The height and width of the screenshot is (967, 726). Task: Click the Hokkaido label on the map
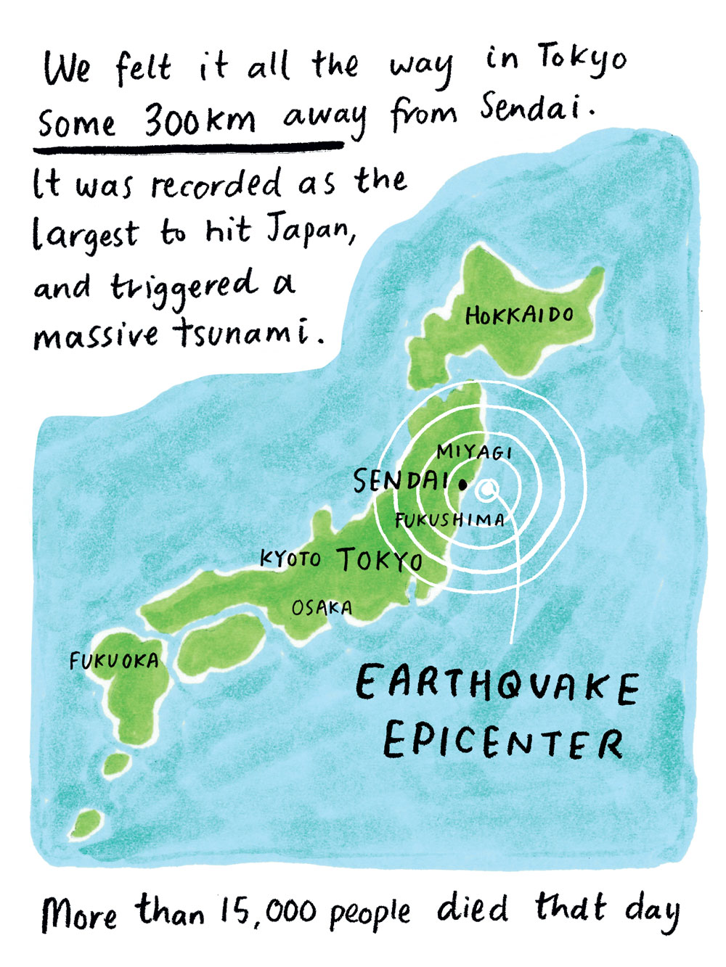pyautogui.click(x=519, y=316)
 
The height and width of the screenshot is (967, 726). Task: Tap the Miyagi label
pyautogui.click(x=474, y=452)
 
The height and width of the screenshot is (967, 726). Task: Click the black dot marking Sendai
pyautogui.click(x=462, y=482)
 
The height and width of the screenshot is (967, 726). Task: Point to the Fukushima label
pyautogui.click(x=449, y=519)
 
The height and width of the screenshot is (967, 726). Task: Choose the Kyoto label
pyautogui.click(x=290, y=558)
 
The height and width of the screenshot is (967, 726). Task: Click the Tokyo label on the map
pyautogui.click(x=380, y=560)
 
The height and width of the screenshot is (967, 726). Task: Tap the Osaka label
pyautogui.click(x=322, y=608)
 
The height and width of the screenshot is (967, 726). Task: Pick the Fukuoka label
pyautogui.click(x=113, y=660)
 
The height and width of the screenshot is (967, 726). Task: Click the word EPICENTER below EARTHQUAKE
pyautogui.click(x=502, y=741)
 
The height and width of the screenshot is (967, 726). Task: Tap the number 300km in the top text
pyautogui.click(x=200, y=120)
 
